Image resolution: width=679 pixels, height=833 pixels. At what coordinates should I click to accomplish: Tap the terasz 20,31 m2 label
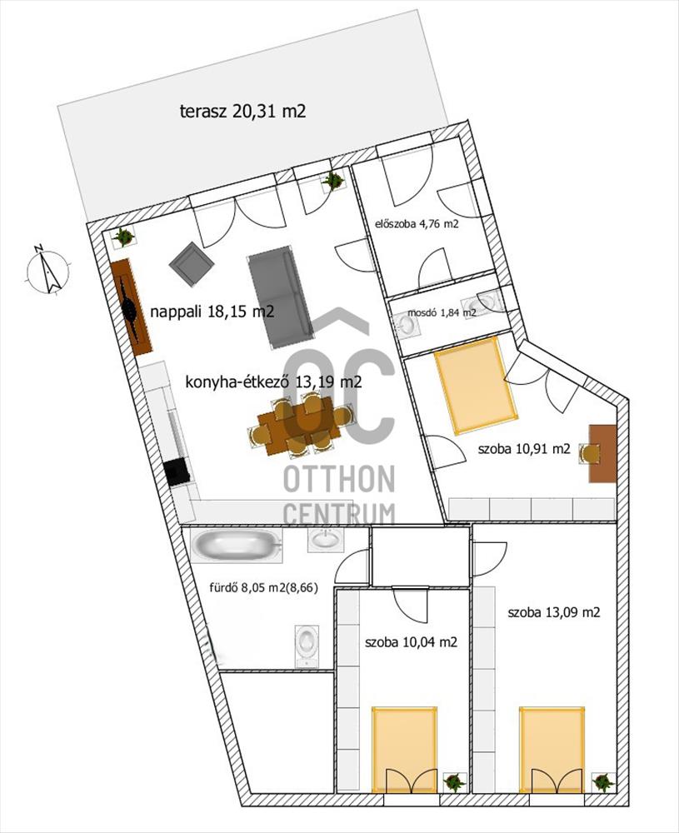point(242,112)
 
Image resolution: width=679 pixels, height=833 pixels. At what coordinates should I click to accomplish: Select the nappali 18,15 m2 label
point(212,312)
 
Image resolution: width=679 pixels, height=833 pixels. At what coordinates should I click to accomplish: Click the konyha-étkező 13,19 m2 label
point(273,382)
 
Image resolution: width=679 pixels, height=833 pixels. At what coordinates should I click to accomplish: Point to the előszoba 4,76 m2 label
point(417,223)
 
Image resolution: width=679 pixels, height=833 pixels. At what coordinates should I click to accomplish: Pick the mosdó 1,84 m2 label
point(442,313)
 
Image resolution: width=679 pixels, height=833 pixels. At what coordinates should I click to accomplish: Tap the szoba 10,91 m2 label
point(524,449)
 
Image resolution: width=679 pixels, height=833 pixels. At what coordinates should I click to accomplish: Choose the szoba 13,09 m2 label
point(553,612)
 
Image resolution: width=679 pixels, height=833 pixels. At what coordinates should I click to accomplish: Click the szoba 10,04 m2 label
point(411,642)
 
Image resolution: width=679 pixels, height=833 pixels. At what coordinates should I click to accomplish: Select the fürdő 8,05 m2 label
point(263,587)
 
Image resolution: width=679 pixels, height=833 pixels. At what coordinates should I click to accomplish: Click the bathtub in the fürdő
point(237,545)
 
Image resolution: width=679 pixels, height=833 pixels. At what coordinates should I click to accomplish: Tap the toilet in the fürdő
point(307,646)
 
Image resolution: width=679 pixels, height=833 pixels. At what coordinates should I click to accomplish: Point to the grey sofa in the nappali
point(279,297)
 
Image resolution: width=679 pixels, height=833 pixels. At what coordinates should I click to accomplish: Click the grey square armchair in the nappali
point(192,263)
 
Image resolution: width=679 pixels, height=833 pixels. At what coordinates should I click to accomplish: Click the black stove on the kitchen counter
point(177,471)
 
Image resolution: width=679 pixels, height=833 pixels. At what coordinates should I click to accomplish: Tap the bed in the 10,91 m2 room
point(476,385)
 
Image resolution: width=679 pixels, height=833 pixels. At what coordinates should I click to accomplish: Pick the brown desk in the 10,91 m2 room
point(602,453)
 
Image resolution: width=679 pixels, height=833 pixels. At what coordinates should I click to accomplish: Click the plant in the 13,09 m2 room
point(603,781)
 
